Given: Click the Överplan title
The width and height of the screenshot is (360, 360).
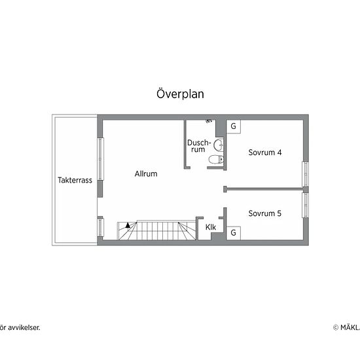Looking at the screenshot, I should tap(180, 94).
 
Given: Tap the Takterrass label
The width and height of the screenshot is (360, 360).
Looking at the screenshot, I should tap(75, 181).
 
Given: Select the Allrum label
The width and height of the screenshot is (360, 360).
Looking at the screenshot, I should tap(146, 174).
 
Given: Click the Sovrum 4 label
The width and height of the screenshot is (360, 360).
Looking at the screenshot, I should tap(265, 153).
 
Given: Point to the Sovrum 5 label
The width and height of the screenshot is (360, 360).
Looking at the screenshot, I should tap(265, 213).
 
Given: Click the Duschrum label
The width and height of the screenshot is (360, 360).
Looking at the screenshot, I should tap(198, 146).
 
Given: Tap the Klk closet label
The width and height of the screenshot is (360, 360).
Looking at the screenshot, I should tap(211, 227).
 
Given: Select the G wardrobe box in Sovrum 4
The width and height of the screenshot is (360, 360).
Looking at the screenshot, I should tap(233, 126).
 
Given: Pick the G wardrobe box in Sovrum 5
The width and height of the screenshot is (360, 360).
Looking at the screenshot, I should tap(233, 232).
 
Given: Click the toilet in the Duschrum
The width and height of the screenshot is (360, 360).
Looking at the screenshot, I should tap(215, 160).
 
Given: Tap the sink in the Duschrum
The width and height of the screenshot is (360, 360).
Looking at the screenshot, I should tap(219, 144).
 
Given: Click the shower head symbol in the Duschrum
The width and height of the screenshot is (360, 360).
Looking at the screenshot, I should tap(209, 122).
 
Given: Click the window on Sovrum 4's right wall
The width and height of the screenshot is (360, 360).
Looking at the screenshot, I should tap(304, 173).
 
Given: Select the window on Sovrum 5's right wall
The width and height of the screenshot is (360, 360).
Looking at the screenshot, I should tap(304, 204).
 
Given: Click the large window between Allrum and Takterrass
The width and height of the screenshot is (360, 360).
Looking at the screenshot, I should tap(100, 159).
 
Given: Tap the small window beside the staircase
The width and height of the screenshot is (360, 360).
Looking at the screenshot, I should tap(100, 228).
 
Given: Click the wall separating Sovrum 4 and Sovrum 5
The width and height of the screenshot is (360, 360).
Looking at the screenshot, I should tap(264, 189).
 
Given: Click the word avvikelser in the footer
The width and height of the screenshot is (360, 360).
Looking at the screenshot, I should tap(23, 327).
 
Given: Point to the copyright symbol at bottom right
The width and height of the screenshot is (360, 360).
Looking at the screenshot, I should tap(336, 327).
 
